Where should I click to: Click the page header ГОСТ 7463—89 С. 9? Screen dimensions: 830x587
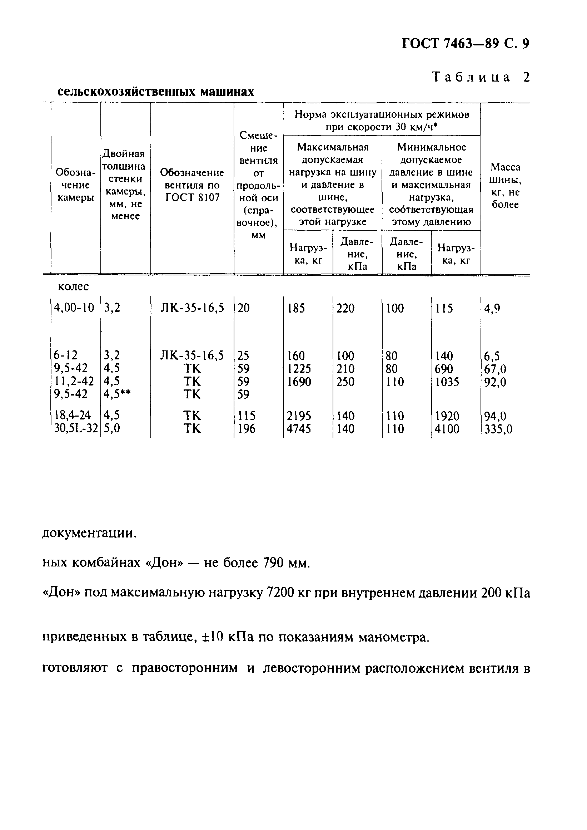pyautogui.click(x=465, y=44)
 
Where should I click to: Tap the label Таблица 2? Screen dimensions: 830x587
pyautogui.click(x=481, y=77)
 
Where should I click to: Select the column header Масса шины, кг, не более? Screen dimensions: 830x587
pyautogui.click(x=505, y=186)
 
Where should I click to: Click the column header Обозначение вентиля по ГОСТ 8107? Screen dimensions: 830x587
pyautogui.click(x=192, y=185)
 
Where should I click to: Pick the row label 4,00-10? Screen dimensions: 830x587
pyautogui.click(x=74, y=308)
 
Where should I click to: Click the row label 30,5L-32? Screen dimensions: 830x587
pyautogui.click(x=75, y=428)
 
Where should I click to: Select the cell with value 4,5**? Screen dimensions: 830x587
pyautogui.click(x=116, y=394)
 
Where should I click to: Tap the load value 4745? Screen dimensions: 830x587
pyautogui.click(x=299, y=429)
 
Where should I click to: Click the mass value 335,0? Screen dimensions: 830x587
pyautogui.click(x=498, y=429)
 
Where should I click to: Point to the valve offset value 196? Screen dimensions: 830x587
pyautogui.click(x=247, y=429)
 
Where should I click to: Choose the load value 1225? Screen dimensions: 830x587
pyautogui.click(x=299, y=369)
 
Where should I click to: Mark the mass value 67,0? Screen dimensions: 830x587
pyautogui.click(x=495, y=369)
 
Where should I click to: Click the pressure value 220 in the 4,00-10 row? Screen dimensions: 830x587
pyautogui.click(x=345, y=308)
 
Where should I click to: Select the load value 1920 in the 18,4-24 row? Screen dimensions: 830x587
pyautogui.click(x=447, y=416)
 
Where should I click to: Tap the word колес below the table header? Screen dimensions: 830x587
pyautogui.click(x=73, y=287)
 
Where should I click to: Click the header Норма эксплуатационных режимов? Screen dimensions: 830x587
pyautogui.click(x=382, y=115)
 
